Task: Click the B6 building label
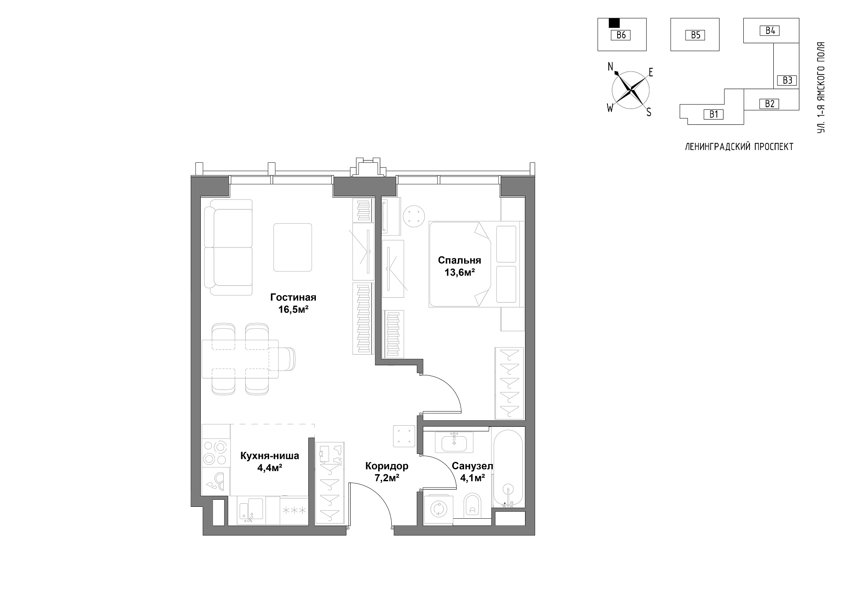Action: click(621, 35)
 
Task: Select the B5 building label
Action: click(695, 35)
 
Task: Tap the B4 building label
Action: click(770, 30)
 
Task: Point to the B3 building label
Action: click(787, 80)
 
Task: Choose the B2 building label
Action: click(769, 104)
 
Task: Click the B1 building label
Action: click(713, 114)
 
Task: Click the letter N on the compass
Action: click(611, 67)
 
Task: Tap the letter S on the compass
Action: click(649, 112)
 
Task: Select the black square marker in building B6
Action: click(614, 23)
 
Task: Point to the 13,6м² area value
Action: click(459, 272)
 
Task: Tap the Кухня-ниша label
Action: click(270, 456)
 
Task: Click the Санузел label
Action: click(472, 466)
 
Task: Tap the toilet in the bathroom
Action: click(472, 505)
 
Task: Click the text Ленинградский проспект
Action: click(739, 147)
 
